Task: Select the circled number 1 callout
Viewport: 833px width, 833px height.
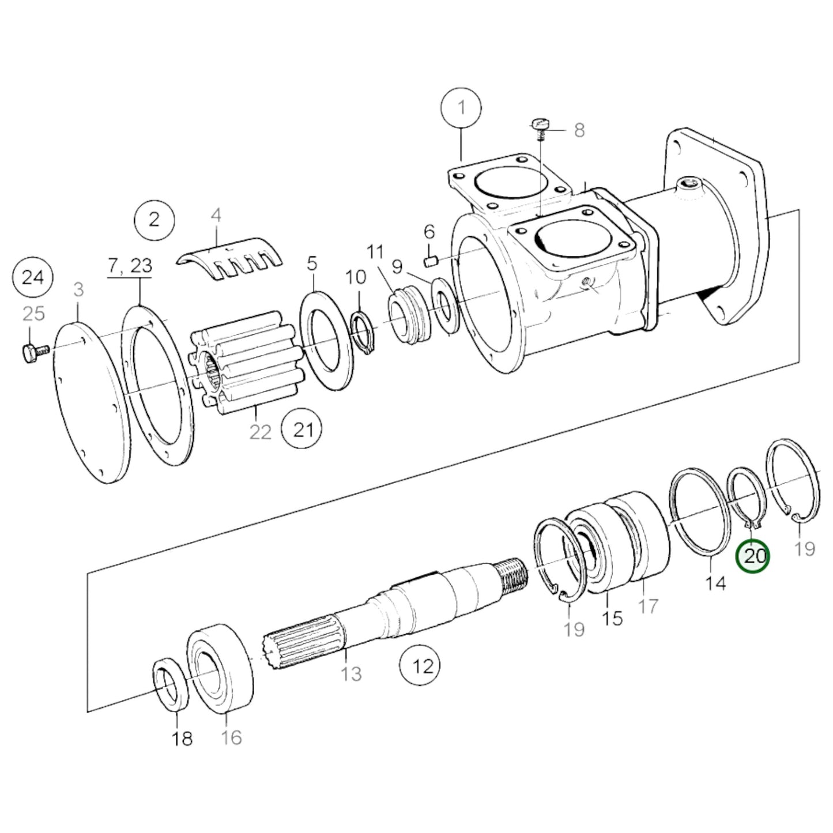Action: [x=461, y=108]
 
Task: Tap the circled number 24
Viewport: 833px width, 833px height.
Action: [x=33, y=278]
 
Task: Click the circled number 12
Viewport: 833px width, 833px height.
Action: [x=423, y=666]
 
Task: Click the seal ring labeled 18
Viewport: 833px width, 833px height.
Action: [x=171, y=688]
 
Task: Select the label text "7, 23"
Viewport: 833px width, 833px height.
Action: [x=130, y=266]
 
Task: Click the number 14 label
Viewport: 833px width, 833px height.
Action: [x=715, y=583]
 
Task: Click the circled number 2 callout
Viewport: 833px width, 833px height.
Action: [x=154, y=220]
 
